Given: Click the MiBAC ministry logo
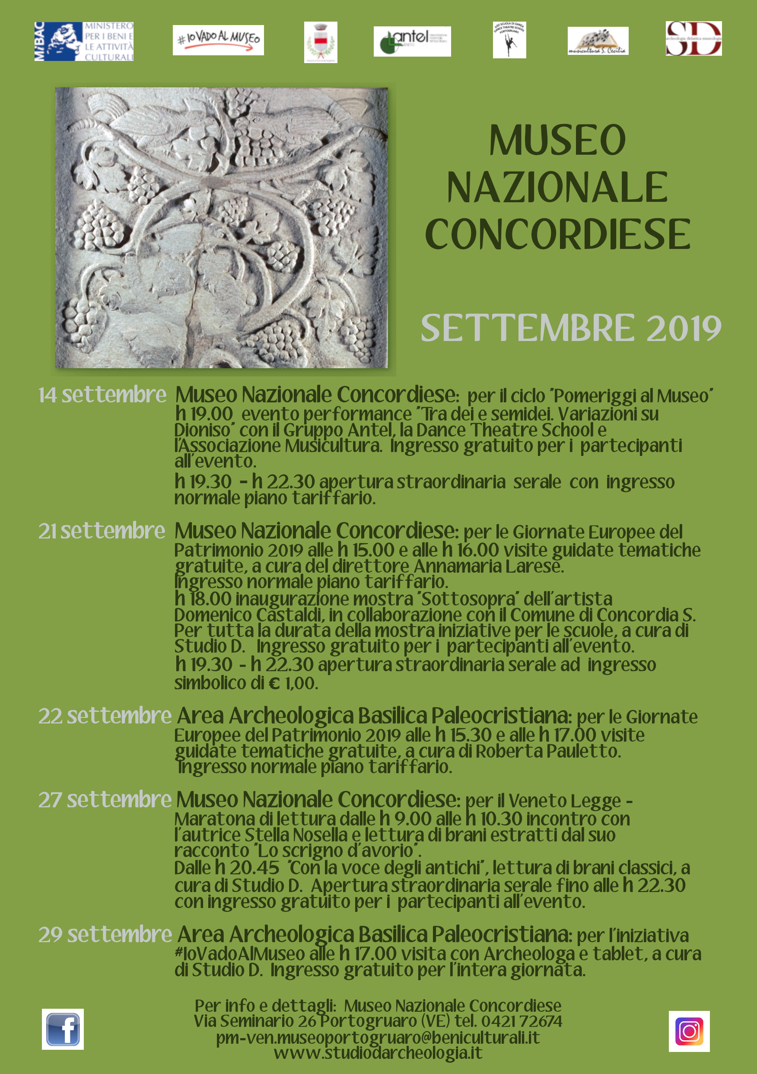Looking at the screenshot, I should pyautogui.click(x=84, y=41).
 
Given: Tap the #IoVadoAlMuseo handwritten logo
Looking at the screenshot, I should pyautogui.click(x=218, y=40).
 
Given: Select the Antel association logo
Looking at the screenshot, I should pyautogui.click(x=412, y=41).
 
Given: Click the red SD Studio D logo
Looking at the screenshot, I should pyautogui.click(x=693, y=38).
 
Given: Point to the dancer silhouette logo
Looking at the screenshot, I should pyautogui.click(x=509, y=40).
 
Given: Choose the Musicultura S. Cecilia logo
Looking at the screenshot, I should pyautogui.click(x=598, y=41).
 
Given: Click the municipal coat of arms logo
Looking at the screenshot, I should pyautogui.click(x=320, y=42).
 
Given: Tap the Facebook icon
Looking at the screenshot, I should pyautogui.click(x=63, y=1029).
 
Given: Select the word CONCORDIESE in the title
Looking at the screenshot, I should pyautogui.click(x=557, y=234).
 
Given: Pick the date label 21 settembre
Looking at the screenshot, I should pyautogui.click(x=102, y=531).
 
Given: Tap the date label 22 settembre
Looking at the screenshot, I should pyautogui.click(x=105, y=716).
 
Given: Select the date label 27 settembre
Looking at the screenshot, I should pyautogui.click(x=105, y=800).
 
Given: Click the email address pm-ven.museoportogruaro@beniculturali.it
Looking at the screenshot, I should pyautogui.click(x=378, y=1038).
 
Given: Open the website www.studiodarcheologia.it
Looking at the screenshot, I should pyautogui.click(x=378, y=1052).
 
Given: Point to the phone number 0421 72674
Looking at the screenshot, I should pyautogui.click(x=522, y=1021).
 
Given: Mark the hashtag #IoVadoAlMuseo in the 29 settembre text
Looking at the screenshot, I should pyautogui.click(x=239, y=953).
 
